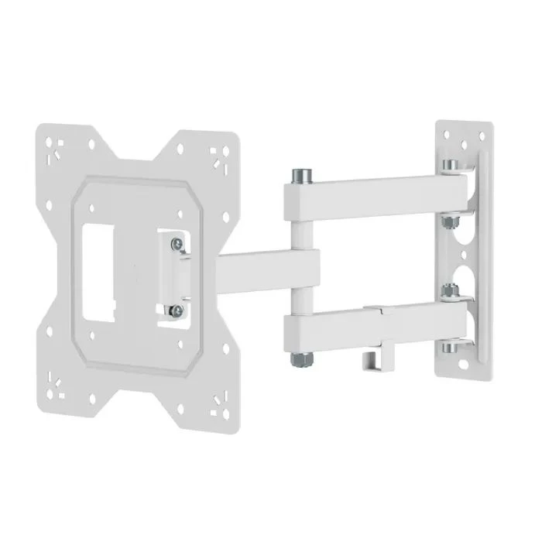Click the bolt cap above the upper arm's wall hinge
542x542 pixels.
pyautogui.click(x=451, y=164)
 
